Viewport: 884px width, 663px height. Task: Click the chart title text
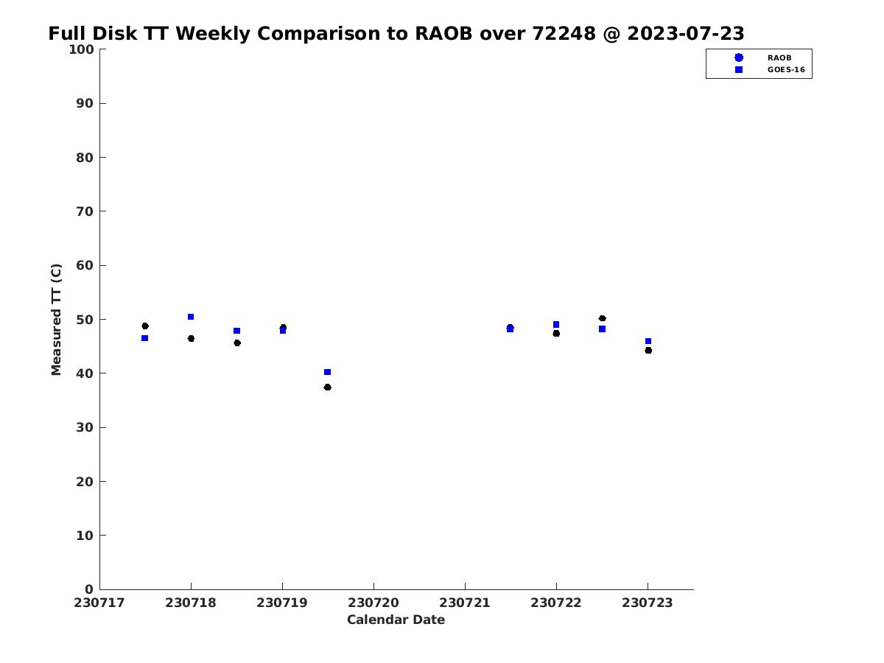click(396, 33)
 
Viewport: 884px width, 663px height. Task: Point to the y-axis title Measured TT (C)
click(56, 320)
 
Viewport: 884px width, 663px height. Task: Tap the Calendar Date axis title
click(396, 620)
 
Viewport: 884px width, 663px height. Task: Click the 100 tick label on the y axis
click(81, 49)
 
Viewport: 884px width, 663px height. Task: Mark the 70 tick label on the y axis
click(85, 211)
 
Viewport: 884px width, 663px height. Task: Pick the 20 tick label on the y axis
click(85, 482)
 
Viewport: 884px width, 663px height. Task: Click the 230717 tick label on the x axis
click(99, 603)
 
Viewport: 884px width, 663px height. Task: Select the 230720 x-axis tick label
click(373, 603)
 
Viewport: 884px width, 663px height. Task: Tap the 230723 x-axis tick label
click(648, 603)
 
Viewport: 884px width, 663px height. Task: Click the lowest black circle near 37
click(327, 387)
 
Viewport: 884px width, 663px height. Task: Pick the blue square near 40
click(327, 372)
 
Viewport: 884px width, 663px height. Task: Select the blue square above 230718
click(191, 317)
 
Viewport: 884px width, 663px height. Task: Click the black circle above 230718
click(191, 339)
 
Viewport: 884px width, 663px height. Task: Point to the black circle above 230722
click(556, 333)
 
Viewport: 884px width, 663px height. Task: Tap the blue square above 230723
click(648, 341)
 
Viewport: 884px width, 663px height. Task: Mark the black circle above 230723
click(648, 350)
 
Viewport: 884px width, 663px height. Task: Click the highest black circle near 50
click(602, 318)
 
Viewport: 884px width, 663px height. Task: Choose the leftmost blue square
click(144, 338)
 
